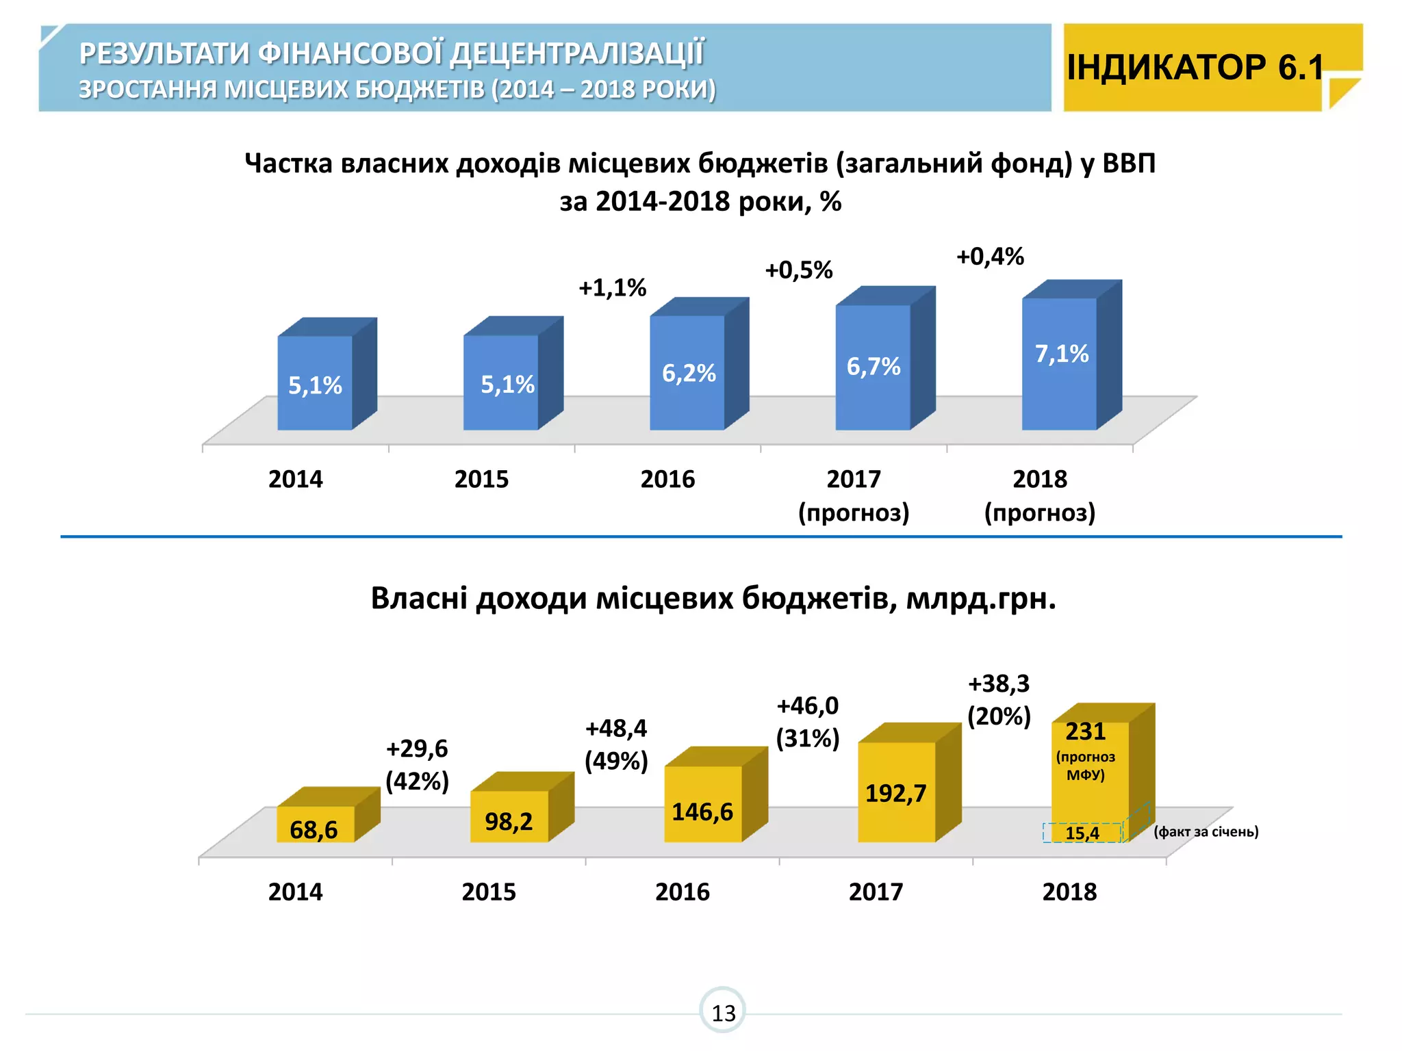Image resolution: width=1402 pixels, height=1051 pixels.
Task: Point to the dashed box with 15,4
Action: click(x=1082, y=833)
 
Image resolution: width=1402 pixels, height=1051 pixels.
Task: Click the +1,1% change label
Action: click(x=612, y=287)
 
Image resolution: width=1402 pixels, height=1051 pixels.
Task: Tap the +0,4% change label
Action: click(x=990, y=257)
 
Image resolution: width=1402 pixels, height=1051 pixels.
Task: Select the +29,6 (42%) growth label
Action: click(x=417, y=764)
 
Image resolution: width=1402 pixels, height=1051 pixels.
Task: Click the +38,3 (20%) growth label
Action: click(x=999, y=699)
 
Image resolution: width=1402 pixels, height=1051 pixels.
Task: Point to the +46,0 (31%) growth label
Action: click(x=807, y=721)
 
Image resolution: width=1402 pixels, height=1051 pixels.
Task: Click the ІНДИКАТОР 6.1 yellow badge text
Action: click(x=1195, y=67)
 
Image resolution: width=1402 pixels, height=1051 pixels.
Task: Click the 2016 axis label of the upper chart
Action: click(x=667, y=479)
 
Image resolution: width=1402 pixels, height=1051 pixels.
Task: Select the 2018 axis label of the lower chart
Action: click(x=1069, y=892)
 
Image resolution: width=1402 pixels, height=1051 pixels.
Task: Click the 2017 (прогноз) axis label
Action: click(x=854, y=495)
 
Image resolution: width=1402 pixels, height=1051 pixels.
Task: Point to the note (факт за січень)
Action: click(x=1206, y=831)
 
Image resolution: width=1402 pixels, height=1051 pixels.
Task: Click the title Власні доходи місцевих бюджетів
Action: click(x=713, y=599)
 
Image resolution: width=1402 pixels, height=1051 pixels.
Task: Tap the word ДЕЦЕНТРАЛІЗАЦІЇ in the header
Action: click(x=576, y=53)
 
